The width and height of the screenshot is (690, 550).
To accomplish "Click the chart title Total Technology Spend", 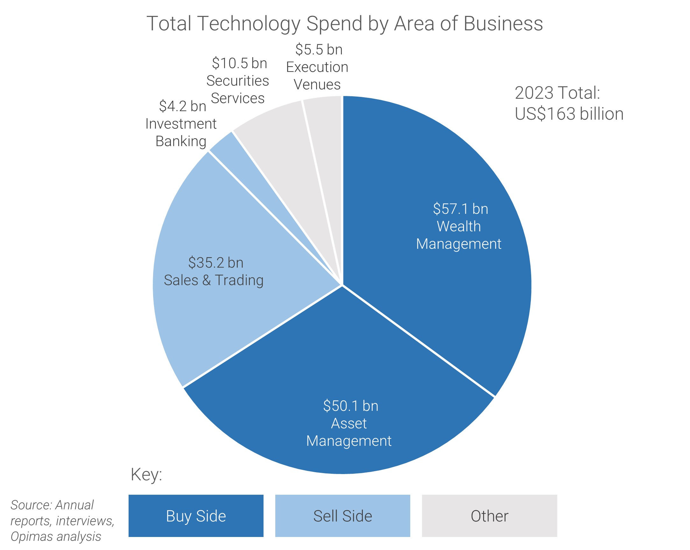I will [x=344, y=24].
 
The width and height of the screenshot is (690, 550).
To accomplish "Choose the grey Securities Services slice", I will [x=282, y=144].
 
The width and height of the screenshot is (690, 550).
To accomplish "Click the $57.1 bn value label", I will [x=460, y=209].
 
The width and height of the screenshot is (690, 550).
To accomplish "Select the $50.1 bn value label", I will [x=350, y=406].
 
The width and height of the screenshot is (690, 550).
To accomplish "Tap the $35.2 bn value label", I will [x=216, y=263].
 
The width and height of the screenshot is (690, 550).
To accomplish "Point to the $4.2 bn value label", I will [x=182, y=106].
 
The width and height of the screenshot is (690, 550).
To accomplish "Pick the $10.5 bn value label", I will [x=239, y=63].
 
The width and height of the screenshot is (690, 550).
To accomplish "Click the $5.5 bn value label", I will [x=319, y=50].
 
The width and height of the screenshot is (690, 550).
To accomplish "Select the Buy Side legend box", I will [x=196, y=516].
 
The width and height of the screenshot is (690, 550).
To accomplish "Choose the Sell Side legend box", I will [x=342, y=516].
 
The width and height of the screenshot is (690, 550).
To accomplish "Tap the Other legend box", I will [x=489, y=516].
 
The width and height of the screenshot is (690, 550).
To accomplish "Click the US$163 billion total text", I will [x=569, y=114].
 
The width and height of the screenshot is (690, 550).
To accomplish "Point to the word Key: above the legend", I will [x=146, y=475].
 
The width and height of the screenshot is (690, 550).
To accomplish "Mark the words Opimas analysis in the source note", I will [x=56, y=536].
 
